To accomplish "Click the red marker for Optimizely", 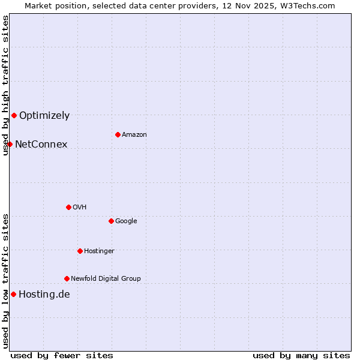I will click(14, 115).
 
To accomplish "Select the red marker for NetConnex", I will click(10, 144).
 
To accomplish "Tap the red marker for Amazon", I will click(118, 134).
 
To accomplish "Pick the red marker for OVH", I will click(68, 207).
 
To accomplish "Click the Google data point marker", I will click(111, 221).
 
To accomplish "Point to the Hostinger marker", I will click(80, 251).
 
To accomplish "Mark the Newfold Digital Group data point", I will click(67, 278).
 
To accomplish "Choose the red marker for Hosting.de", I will click(13, 294).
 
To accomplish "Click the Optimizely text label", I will click(44, 116).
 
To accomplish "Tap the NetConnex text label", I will click(41, 145).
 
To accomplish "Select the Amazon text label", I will click(134, 135).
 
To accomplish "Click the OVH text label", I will click(79, 208).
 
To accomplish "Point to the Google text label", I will click(126, 221).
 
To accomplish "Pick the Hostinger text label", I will click(99, 251).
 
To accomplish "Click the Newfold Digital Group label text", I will click(106, 279).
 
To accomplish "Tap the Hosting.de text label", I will click(44, 295).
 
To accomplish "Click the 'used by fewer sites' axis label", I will click(62, 355).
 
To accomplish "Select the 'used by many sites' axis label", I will click(301, 355).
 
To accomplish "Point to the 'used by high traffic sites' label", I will click(5, 85).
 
